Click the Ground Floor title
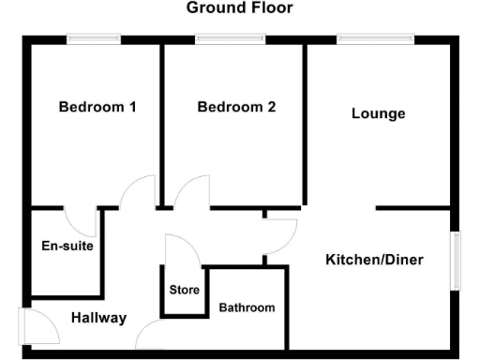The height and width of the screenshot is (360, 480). (x=239, y=8)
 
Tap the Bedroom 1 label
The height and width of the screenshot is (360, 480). (x=97, y=107)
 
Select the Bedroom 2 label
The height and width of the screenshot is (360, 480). (x=236, y=107)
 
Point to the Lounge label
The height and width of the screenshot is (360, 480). (x=379, y=113)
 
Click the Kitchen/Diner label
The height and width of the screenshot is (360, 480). (x=375, y=259)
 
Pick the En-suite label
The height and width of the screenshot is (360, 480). (x=67, y=247)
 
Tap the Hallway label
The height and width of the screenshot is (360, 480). (x=98, y=318)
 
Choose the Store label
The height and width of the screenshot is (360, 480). (x=185, y=290)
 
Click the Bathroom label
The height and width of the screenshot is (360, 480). (x=247, y=307)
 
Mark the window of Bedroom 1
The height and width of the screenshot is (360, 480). (x=93, y=38)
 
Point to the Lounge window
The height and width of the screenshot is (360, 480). (x=375, y=38)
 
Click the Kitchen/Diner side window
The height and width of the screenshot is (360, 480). (x=457, y=260)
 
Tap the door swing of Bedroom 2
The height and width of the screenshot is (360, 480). (x=193, y=192)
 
